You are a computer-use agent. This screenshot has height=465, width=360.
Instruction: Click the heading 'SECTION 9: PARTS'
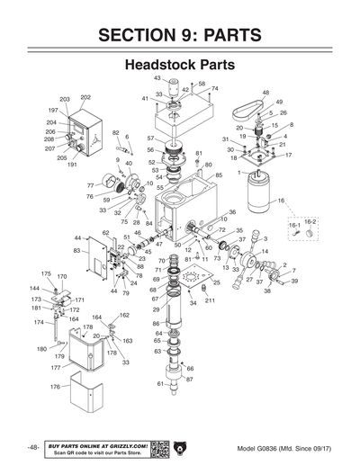coord(180,35)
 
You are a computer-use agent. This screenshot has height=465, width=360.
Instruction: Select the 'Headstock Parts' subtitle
coord(180,66)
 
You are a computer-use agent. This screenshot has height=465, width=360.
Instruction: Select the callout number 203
coord(65,99)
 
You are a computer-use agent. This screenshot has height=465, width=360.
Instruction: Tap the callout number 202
coord(85,96)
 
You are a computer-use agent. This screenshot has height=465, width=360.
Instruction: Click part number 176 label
coord(54,387)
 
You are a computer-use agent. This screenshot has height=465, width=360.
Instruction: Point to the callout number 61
coord(160,383)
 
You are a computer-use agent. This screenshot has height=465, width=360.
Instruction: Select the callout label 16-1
coord(293,227)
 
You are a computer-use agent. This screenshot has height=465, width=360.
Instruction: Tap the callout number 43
coord(157,78)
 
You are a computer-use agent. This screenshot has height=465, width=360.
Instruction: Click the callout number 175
coord(46,273)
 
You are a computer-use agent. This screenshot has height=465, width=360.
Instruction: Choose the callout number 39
coord(293,282)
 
